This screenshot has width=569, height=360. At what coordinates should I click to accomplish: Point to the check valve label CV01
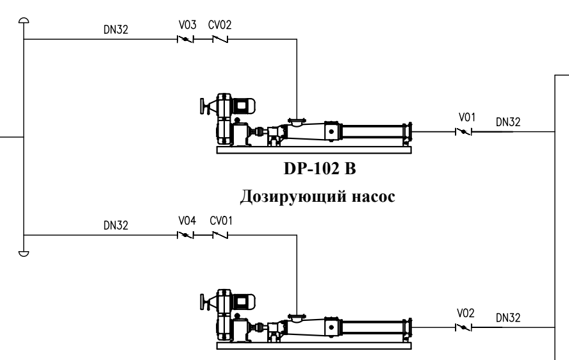coord(220,221)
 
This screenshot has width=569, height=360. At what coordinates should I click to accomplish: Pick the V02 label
coord(466,313)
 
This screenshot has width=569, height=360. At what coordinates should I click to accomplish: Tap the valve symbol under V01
coord(463,132)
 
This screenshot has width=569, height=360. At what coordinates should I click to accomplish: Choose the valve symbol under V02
coord(463,327)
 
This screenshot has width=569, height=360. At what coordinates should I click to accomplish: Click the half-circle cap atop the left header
coord(23,20)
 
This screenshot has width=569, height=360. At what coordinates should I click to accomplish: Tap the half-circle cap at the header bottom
coord(23,253)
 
